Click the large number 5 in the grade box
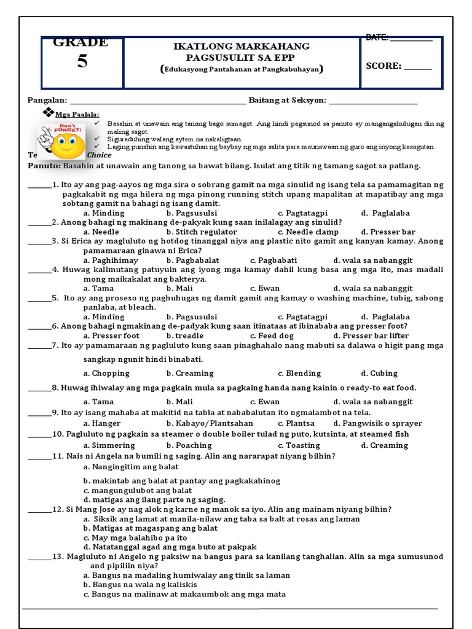pos(82,63)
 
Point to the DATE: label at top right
pos(377,38)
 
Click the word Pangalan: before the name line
pos(47,100)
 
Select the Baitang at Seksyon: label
pos(287,100)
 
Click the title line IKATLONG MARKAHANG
pos(240,47)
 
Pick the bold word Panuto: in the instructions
pos(44,166)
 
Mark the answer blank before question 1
pos(39,184)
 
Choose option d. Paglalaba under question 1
pos(385,213)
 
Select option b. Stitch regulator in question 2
pos(201,232)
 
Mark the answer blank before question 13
pos(39,557)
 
